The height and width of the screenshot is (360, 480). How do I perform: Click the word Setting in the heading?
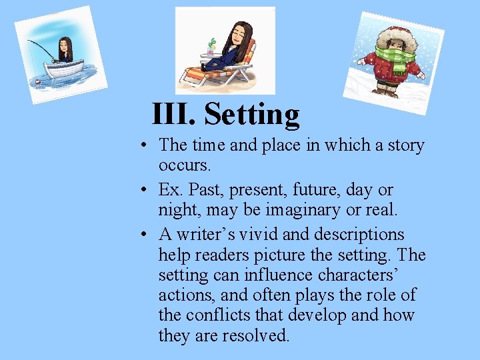252,114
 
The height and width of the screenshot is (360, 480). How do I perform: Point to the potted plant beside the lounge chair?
211,47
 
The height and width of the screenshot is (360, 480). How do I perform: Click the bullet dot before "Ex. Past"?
144,191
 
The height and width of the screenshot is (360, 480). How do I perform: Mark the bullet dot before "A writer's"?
144,235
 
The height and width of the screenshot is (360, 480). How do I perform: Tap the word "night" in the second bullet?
179,211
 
